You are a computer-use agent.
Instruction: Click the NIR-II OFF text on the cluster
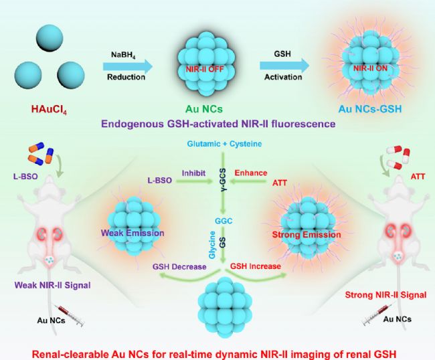(x=205, y=68)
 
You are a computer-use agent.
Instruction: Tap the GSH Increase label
(x=256, y=266)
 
